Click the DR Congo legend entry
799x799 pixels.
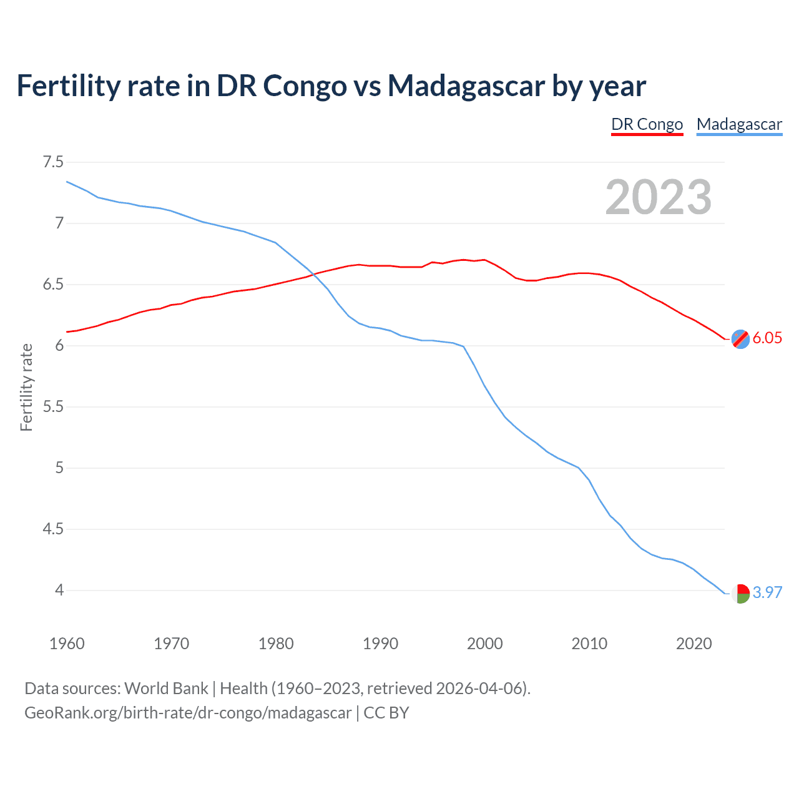click(x=647, y=124)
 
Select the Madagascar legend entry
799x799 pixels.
click(x=739, y=124)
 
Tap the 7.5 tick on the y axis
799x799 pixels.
click(x=53, y=162)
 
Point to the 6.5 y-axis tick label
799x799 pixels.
click(x=53, y=285)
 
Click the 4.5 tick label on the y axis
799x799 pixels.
click(x=53, y=529)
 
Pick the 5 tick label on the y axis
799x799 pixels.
click(x=59, y=468)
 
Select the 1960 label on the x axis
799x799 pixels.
click(x=67, y=644)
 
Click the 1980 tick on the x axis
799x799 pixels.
click(x=276, y=644)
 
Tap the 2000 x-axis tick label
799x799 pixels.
click(x=485, y=644)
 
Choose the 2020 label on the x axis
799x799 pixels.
click(x=694, y=644)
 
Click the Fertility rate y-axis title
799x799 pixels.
click(x=26, y=387)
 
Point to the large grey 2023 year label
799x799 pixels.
click(x=659, y=197)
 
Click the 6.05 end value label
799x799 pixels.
click(x=767, y=338)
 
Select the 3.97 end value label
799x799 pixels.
click(x=767, y=592)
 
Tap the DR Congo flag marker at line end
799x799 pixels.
click(x=740, y=339)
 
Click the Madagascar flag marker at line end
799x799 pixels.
click(x=740, y=593)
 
